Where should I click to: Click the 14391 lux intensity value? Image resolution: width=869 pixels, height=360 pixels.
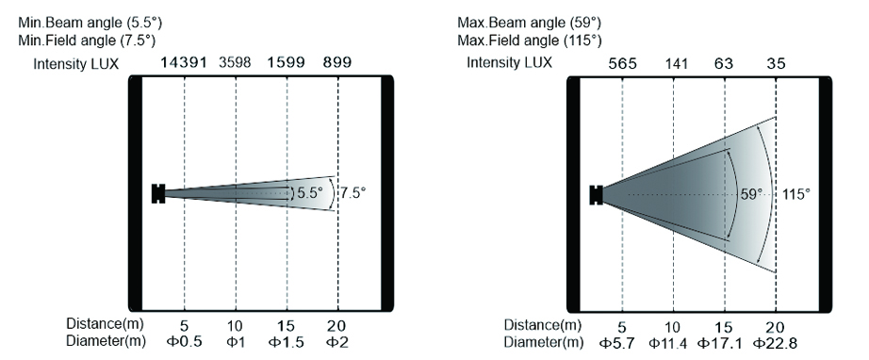point(183,62)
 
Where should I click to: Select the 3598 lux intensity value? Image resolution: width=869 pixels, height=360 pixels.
point(235,62)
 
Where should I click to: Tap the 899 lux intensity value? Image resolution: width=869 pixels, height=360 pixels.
point(337,62)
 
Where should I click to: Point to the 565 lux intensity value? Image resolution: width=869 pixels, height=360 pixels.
point(622,64)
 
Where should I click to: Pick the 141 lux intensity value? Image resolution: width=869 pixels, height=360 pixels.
point(676,64)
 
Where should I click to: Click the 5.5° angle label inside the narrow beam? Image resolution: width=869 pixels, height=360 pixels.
point(310,193)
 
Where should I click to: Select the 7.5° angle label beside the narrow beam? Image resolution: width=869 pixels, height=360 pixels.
point(353,193)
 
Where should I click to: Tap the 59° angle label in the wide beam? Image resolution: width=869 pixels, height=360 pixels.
point(752,194)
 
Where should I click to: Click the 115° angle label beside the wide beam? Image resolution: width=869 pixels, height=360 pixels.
point(796,194)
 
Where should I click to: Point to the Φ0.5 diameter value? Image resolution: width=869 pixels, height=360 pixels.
point(184,342)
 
